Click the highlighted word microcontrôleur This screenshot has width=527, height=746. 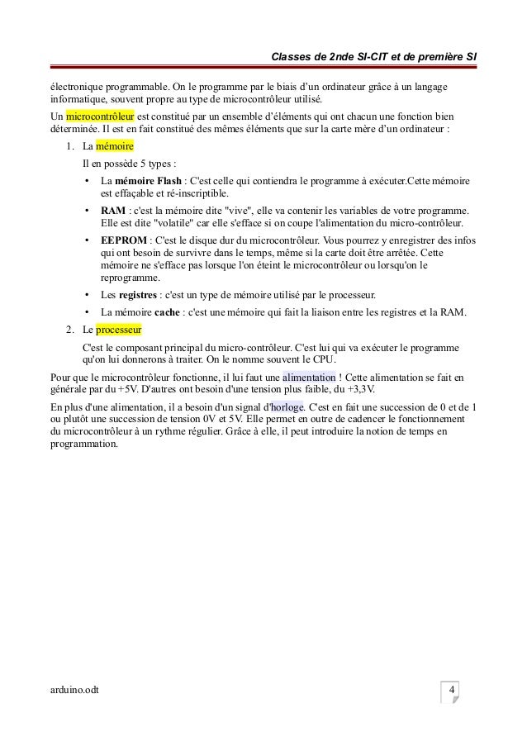[x=100, y=116]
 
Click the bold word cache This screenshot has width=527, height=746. [x=169, y=312]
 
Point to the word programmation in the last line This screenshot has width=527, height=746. [x=84, y=444]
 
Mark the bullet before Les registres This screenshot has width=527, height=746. [x=87, y=294]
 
